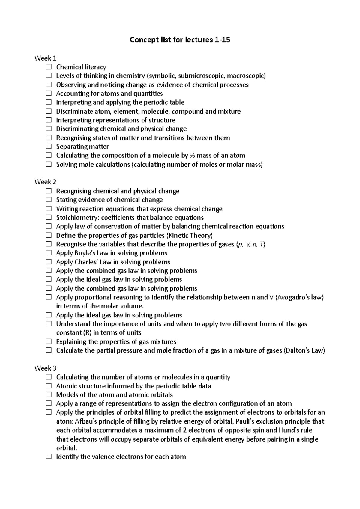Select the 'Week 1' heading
coord(45,58)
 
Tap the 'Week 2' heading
coord(45,182)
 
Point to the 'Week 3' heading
coord(45,368)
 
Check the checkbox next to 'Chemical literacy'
coord(49,67)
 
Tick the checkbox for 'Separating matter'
coord(49,147)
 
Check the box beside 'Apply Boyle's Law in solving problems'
coord(49,253)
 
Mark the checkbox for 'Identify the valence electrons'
coord(49,457)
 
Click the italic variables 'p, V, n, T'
coord(251,244)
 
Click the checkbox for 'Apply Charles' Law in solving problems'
coord(49,262)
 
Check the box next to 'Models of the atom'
coord(49,394)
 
